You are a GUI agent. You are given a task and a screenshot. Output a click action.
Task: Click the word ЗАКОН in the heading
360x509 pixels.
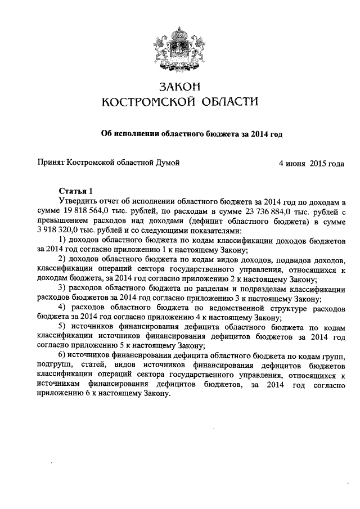click(x=180, y=87)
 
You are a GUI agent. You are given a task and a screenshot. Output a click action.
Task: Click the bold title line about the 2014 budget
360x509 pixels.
click(x=191, y=134)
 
